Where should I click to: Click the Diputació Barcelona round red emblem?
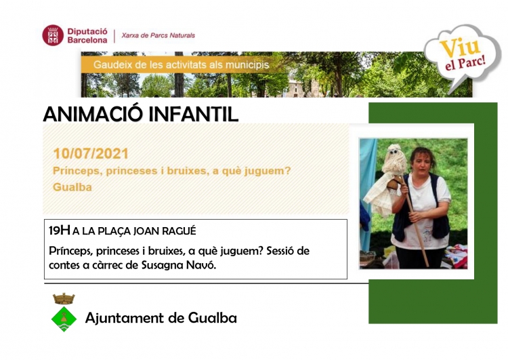coord(53,35)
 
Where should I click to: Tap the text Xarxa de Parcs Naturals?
coord(158,35)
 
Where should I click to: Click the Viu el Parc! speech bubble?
coord(463,56)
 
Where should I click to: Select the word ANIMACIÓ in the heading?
coord(93,114)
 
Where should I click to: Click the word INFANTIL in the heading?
coord(194,114)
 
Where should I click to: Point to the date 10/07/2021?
coord(91,154)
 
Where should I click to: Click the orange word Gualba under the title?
coord(72,187)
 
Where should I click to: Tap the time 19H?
coord(60,231)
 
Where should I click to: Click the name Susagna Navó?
coord(179,265)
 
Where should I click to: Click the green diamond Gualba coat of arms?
coord(64,319)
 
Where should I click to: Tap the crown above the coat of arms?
coord(64,299)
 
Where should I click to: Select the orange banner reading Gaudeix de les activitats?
coord(182,64)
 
